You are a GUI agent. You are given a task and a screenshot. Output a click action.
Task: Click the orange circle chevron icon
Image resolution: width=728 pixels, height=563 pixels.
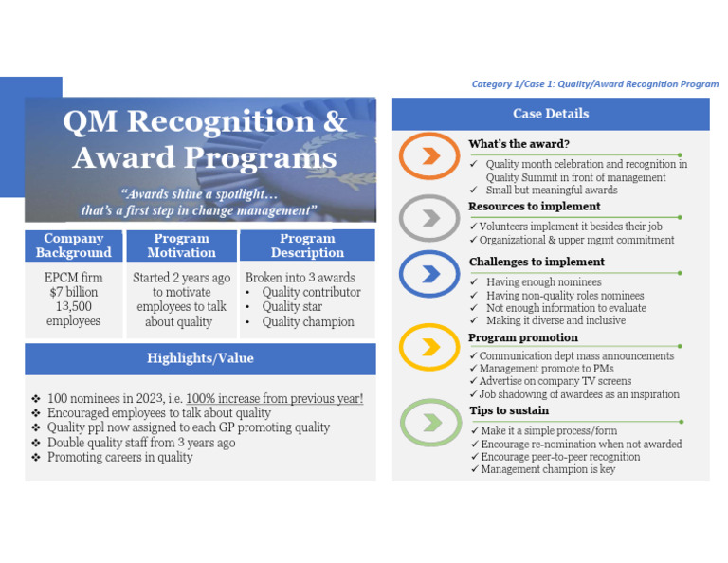pyautogui.click(x=429, y=157)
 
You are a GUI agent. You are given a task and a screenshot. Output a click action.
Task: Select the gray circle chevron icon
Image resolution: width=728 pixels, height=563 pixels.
pyautogui.click(x=429, y=218)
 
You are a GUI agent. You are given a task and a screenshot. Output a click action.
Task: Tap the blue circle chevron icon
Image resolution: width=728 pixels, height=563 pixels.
pyautogui.click(x=429, y=275)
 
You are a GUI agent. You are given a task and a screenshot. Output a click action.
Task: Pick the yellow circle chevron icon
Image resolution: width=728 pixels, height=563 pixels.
pyautogui.click(x=429, y=347)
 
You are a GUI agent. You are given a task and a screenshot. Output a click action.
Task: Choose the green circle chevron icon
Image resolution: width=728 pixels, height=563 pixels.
pyautogui.click(x=429, y=421)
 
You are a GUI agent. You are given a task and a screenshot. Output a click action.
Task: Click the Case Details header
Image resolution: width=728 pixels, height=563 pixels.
pyautogui.click(x=551, y=114)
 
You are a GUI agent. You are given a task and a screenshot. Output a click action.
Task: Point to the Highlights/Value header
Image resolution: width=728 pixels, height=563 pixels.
pyautogui.click(x=200, y=358)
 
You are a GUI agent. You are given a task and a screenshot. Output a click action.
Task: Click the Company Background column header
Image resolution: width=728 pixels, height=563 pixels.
pyautogui.click(x=74, y=245)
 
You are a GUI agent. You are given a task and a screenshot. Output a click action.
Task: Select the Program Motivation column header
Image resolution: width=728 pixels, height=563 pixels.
pyautogui.click(x=181, y=245)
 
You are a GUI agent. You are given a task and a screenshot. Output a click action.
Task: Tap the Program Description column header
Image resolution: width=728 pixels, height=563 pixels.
pyautogui.click(x=307, y=245)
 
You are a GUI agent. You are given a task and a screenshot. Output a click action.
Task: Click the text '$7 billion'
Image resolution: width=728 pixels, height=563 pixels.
pyautogui.click(x=74, y=292)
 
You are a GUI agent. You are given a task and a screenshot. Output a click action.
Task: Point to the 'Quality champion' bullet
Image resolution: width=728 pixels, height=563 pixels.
pyautogui.click(x=307, y=321)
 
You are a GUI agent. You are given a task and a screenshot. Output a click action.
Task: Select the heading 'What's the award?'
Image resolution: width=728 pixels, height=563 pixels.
pyautogui.click(x=519, y=144)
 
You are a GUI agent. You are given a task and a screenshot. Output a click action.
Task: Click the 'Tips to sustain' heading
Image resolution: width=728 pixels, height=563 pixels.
pyautogui.click(x=509, y=410)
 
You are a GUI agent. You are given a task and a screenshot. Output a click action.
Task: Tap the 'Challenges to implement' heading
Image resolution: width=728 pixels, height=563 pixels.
pyautogui.click(x=536, y=262)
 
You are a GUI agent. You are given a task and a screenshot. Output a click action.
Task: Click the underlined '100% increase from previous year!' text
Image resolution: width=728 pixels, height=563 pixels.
pyautogui.click(x=274, y=399)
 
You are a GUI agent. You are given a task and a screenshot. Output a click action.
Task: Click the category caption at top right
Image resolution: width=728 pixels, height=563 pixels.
pyautogui.click(x=594, y=84)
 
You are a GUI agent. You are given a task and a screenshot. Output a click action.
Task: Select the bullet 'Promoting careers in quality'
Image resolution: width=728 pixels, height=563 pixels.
pyautogui.click(x=119, y=457)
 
